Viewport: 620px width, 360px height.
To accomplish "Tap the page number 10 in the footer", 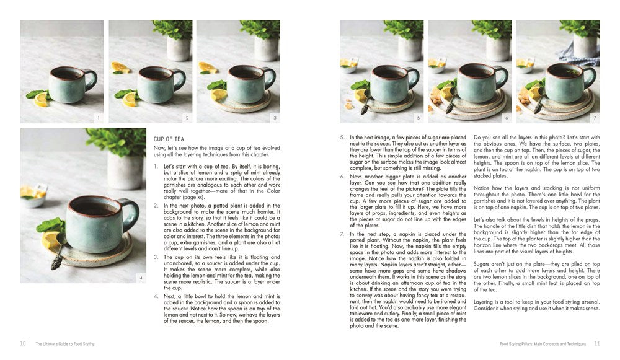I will (x=23, y=343).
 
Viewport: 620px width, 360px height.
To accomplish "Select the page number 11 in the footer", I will (x=597, y=343).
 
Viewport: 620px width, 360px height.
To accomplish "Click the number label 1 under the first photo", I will (x=97, y=117).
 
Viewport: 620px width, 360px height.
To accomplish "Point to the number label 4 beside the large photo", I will (x=141, y=278).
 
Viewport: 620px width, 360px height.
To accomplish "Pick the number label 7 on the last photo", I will (x=595, y=117).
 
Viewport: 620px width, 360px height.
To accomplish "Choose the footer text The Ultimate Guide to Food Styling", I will (x=65, y=343).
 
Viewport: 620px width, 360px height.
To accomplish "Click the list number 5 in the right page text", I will (x=342, y=137).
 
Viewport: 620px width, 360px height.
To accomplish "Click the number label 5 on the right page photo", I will (x=418, y=117).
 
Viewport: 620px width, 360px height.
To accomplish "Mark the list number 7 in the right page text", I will (x=342, y=234).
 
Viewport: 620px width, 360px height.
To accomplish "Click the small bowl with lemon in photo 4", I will (x=34, y=198).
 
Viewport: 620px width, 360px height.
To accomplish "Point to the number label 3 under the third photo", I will (x=274, y=117).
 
